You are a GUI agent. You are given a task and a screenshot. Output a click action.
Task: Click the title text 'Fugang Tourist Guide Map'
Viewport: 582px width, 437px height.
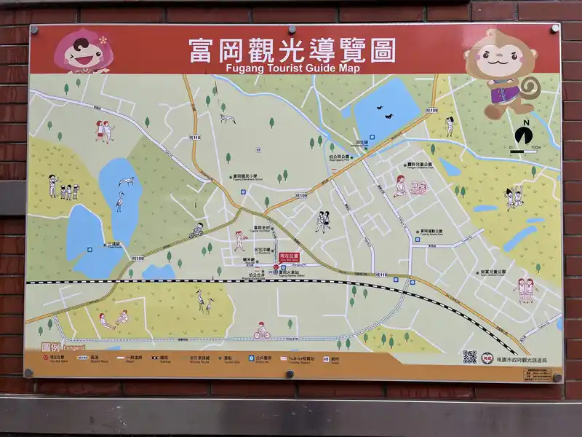click(x=292, y=68)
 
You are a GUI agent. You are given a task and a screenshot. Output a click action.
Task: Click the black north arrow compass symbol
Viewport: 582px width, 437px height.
click(x=523, y=135)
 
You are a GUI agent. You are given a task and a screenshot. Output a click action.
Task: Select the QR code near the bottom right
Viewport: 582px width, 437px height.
click(x=470, y=357)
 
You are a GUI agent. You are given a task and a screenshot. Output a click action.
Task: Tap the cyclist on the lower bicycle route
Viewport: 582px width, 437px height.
click(x=262, y=331)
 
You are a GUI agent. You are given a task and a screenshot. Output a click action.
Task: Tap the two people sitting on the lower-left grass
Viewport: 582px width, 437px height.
click(x=113, y=320)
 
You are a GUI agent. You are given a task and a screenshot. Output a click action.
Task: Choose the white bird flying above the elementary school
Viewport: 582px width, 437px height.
click(x=228, y=118)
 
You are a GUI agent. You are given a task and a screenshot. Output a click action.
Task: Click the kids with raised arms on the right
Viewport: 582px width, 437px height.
click(x=514, y=195)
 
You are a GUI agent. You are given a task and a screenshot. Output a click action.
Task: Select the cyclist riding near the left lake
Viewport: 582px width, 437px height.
click(x=196, y=231)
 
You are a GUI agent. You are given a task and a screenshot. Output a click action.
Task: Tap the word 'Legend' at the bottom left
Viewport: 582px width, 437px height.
click(x=73, y=348)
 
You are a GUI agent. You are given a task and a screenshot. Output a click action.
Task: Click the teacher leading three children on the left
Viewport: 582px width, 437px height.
click(x=63, y=186)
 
